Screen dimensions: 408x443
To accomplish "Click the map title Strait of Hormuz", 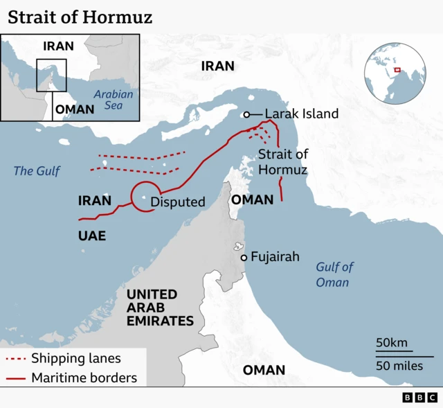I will coord(80,17).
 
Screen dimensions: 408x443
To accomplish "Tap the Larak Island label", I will coord(302,114).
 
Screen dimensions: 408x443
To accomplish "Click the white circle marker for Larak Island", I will coord(246,114).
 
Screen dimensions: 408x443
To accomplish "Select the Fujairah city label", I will coord(275,257).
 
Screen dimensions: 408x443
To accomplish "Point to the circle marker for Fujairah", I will coord(244,258).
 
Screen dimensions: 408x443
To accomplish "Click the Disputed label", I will coord(178,202).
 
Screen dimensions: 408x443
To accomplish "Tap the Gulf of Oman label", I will coord(334,274).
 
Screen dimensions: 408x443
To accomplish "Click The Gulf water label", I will coord(37,170).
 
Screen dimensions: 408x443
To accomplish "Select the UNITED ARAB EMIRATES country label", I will coord(160,308).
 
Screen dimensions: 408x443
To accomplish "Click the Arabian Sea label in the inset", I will coord(114,100).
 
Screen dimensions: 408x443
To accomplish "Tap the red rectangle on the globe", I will coord(397,69).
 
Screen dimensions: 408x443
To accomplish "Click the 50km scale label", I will coord(392,343).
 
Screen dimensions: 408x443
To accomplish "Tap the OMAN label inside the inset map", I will coord(75,109).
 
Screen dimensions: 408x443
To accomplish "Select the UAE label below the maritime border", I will coord(92,236).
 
